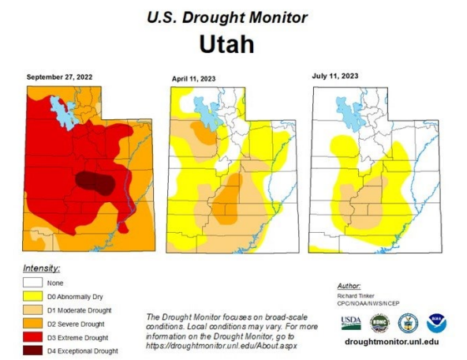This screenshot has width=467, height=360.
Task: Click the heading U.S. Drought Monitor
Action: pos(228,17)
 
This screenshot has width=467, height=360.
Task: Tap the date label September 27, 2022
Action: pos(61,77)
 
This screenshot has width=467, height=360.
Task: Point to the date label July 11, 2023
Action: pos(336,77)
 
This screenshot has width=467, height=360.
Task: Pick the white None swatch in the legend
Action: pos(34,283)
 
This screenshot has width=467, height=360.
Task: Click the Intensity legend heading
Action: pos(43,268)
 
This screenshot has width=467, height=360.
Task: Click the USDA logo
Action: pos(351,322)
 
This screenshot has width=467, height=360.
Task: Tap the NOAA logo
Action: pos(436,322)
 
